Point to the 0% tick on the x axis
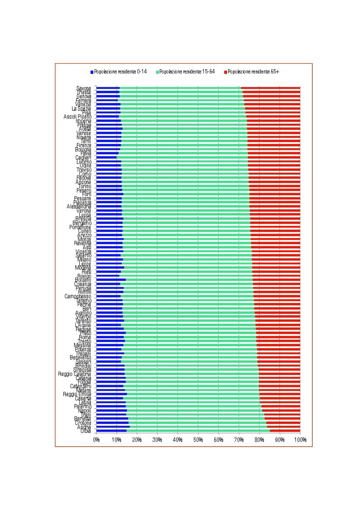pos(97,440)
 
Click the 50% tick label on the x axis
pos(198,440)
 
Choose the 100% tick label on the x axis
pos(300,440)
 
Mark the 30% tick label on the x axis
pos(157,440)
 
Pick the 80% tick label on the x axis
pos(259,440)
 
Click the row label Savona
pos(83,88)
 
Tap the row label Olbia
pos(86,431)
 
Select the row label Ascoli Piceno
pos(77,117)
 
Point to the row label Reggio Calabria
pos(75,374)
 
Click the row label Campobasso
pos(78,296)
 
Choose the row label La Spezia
pos(81,108)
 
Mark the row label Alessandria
pos(79,207)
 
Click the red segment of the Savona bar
pos(270,88)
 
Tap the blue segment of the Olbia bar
pos(111,431)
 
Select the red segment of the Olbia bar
pos(285,431)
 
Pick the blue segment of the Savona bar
pos(108,88)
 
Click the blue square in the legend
pos(92,72)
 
